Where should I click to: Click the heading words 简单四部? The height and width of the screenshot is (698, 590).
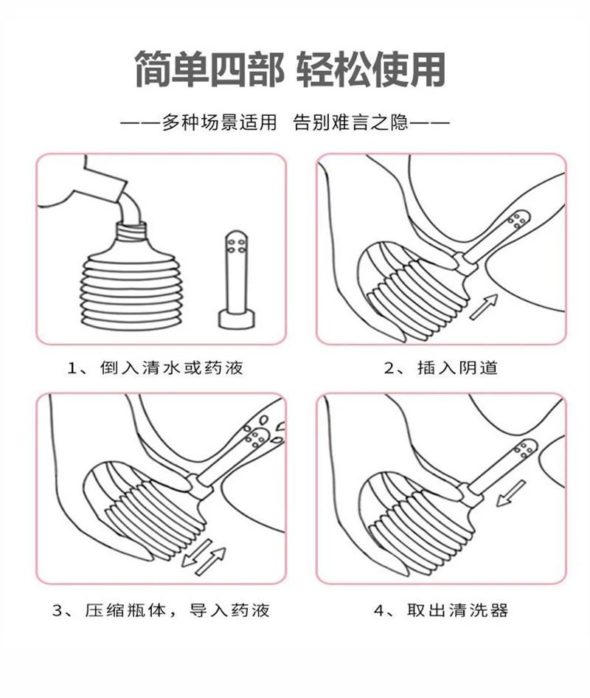point(209,69)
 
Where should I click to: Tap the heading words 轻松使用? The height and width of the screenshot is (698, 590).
point(371,69)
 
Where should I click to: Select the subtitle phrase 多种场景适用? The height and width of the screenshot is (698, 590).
point(219,122)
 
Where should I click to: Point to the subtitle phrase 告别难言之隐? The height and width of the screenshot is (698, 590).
point(350,122)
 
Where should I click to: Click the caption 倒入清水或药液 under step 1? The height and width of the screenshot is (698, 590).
point(172,368)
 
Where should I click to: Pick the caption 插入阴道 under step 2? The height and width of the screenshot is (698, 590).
point(457,368)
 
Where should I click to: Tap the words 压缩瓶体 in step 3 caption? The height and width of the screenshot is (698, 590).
point(125,610)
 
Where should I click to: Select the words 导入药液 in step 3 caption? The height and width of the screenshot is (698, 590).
point(229,610)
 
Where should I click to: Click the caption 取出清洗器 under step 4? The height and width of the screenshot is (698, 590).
point(457,610)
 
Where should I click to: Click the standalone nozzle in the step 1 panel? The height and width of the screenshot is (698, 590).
point(236,280)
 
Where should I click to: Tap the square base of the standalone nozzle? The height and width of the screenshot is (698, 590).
point(236,319)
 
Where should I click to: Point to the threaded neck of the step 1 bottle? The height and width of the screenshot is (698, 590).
point(131,231)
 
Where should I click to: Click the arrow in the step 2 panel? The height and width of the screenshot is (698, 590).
point(484,307)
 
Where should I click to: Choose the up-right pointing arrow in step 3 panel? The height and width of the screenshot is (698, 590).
point(211,561)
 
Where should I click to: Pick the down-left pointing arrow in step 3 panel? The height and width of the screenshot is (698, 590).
point(197,553)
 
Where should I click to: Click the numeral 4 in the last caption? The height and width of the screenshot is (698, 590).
point(378,610)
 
